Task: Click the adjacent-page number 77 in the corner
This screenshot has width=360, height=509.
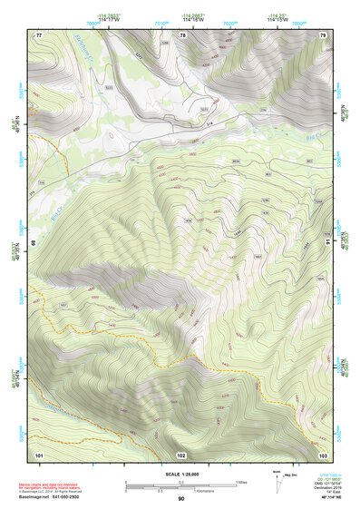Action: coord(39,34)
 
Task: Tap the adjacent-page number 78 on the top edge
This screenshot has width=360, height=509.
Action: coord(182,34)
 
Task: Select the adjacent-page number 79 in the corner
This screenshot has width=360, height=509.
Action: coord(322,34)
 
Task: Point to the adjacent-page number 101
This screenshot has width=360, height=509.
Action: coord(39,454)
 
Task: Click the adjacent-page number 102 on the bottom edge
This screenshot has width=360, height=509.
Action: coord(181,454)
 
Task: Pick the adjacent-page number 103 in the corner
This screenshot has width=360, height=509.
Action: coord(323,454)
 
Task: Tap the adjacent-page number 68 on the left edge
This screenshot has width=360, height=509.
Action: coord(35,244)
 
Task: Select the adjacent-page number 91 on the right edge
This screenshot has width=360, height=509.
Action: coord(326,244)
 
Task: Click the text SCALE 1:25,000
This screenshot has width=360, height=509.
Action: coord(180,473)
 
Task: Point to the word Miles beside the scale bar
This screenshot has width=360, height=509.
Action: coord(240,481)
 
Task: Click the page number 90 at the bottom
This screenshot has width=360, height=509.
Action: coord(181,499)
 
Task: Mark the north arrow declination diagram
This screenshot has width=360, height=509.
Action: coord(277,482)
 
